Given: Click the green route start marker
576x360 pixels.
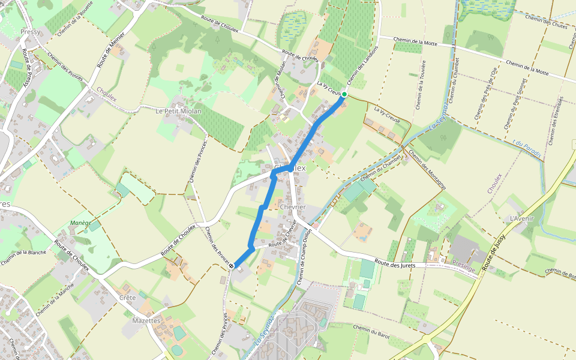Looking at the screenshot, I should point(344,94).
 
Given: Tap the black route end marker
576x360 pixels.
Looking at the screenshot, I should point(232,265).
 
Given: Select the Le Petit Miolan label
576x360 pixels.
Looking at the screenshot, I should point(178,111).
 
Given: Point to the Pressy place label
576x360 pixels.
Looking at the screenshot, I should point(29,32).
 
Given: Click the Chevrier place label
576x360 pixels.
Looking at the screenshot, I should point(293,207).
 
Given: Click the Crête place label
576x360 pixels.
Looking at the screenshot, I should point(127,298).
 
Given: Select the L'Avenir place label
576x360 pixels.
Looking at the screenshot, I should point(521,218).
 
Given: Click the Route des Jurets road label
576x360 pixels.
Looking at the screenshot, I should point(398,264).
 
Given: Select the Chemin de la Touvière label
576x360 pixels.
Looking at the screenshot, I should point(421,85).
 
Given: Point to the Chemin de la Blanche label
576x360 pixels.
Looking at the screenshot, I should point(24,252).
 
